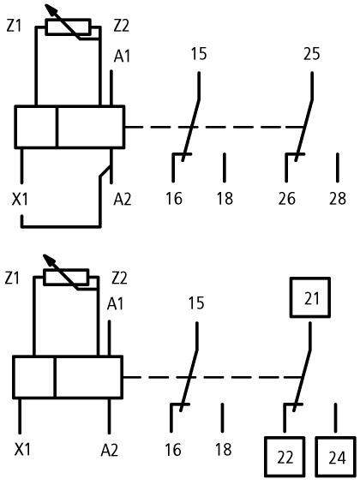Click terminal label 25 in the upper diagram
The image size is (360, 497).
coord(311,54)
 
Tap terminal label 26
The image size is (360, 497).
coord(287,199)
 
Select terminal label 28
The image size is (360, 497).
coord(338,199)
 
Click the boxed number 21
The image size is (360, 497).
coord(310,297)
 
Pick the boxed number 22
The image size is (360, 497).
coord(285,457)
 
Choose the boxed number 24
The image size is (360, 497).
coord(336,457)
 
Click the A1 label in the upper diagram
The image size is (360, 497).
coord(122,57)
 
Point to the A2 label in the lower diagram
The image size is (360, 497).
coord(110,450)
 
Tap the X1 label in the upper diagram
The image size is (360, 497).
coord(20,200)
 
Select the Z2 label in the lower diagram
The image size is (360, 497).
coord(120,278)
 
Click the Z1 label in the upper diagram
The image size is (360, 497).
coord(14,26)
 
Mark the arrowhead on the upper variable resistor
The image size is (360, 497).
coord(51,9)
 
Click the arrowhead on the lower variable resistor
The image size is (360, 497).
coord(49,260)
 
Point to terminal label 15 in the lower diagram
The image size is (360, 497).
coord(196,303)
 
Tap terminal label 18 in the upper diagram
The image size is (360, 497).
coord(225,199)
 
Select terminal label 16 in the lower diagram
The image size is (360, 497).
coord(173,450)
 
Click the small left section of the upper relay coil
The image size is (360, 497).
coord(36,127)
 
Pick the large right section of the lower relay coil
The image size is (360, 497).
coord(88,377)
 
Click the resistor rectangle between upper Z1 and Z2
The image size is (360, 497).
coord(69,27)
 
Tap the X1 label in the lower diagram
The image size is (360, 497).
coord(22,450)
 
